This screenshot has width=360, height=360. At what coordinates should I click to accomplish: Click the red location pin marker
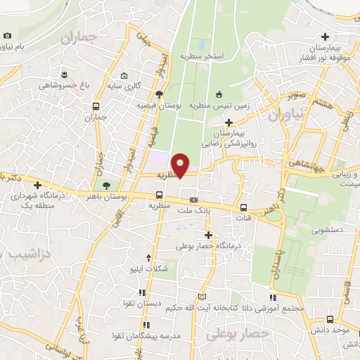181,165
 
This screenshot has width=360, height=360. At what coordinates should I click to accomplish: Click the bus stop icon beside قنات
243,207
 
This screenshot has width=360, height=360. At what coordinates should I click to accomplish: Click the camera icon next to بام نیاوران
7,35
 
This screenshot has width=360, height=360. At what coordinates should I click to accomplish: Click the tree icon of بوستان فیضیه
159,94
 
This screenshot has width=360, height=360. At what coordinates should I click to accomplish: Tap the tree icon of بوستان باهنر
105,186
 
